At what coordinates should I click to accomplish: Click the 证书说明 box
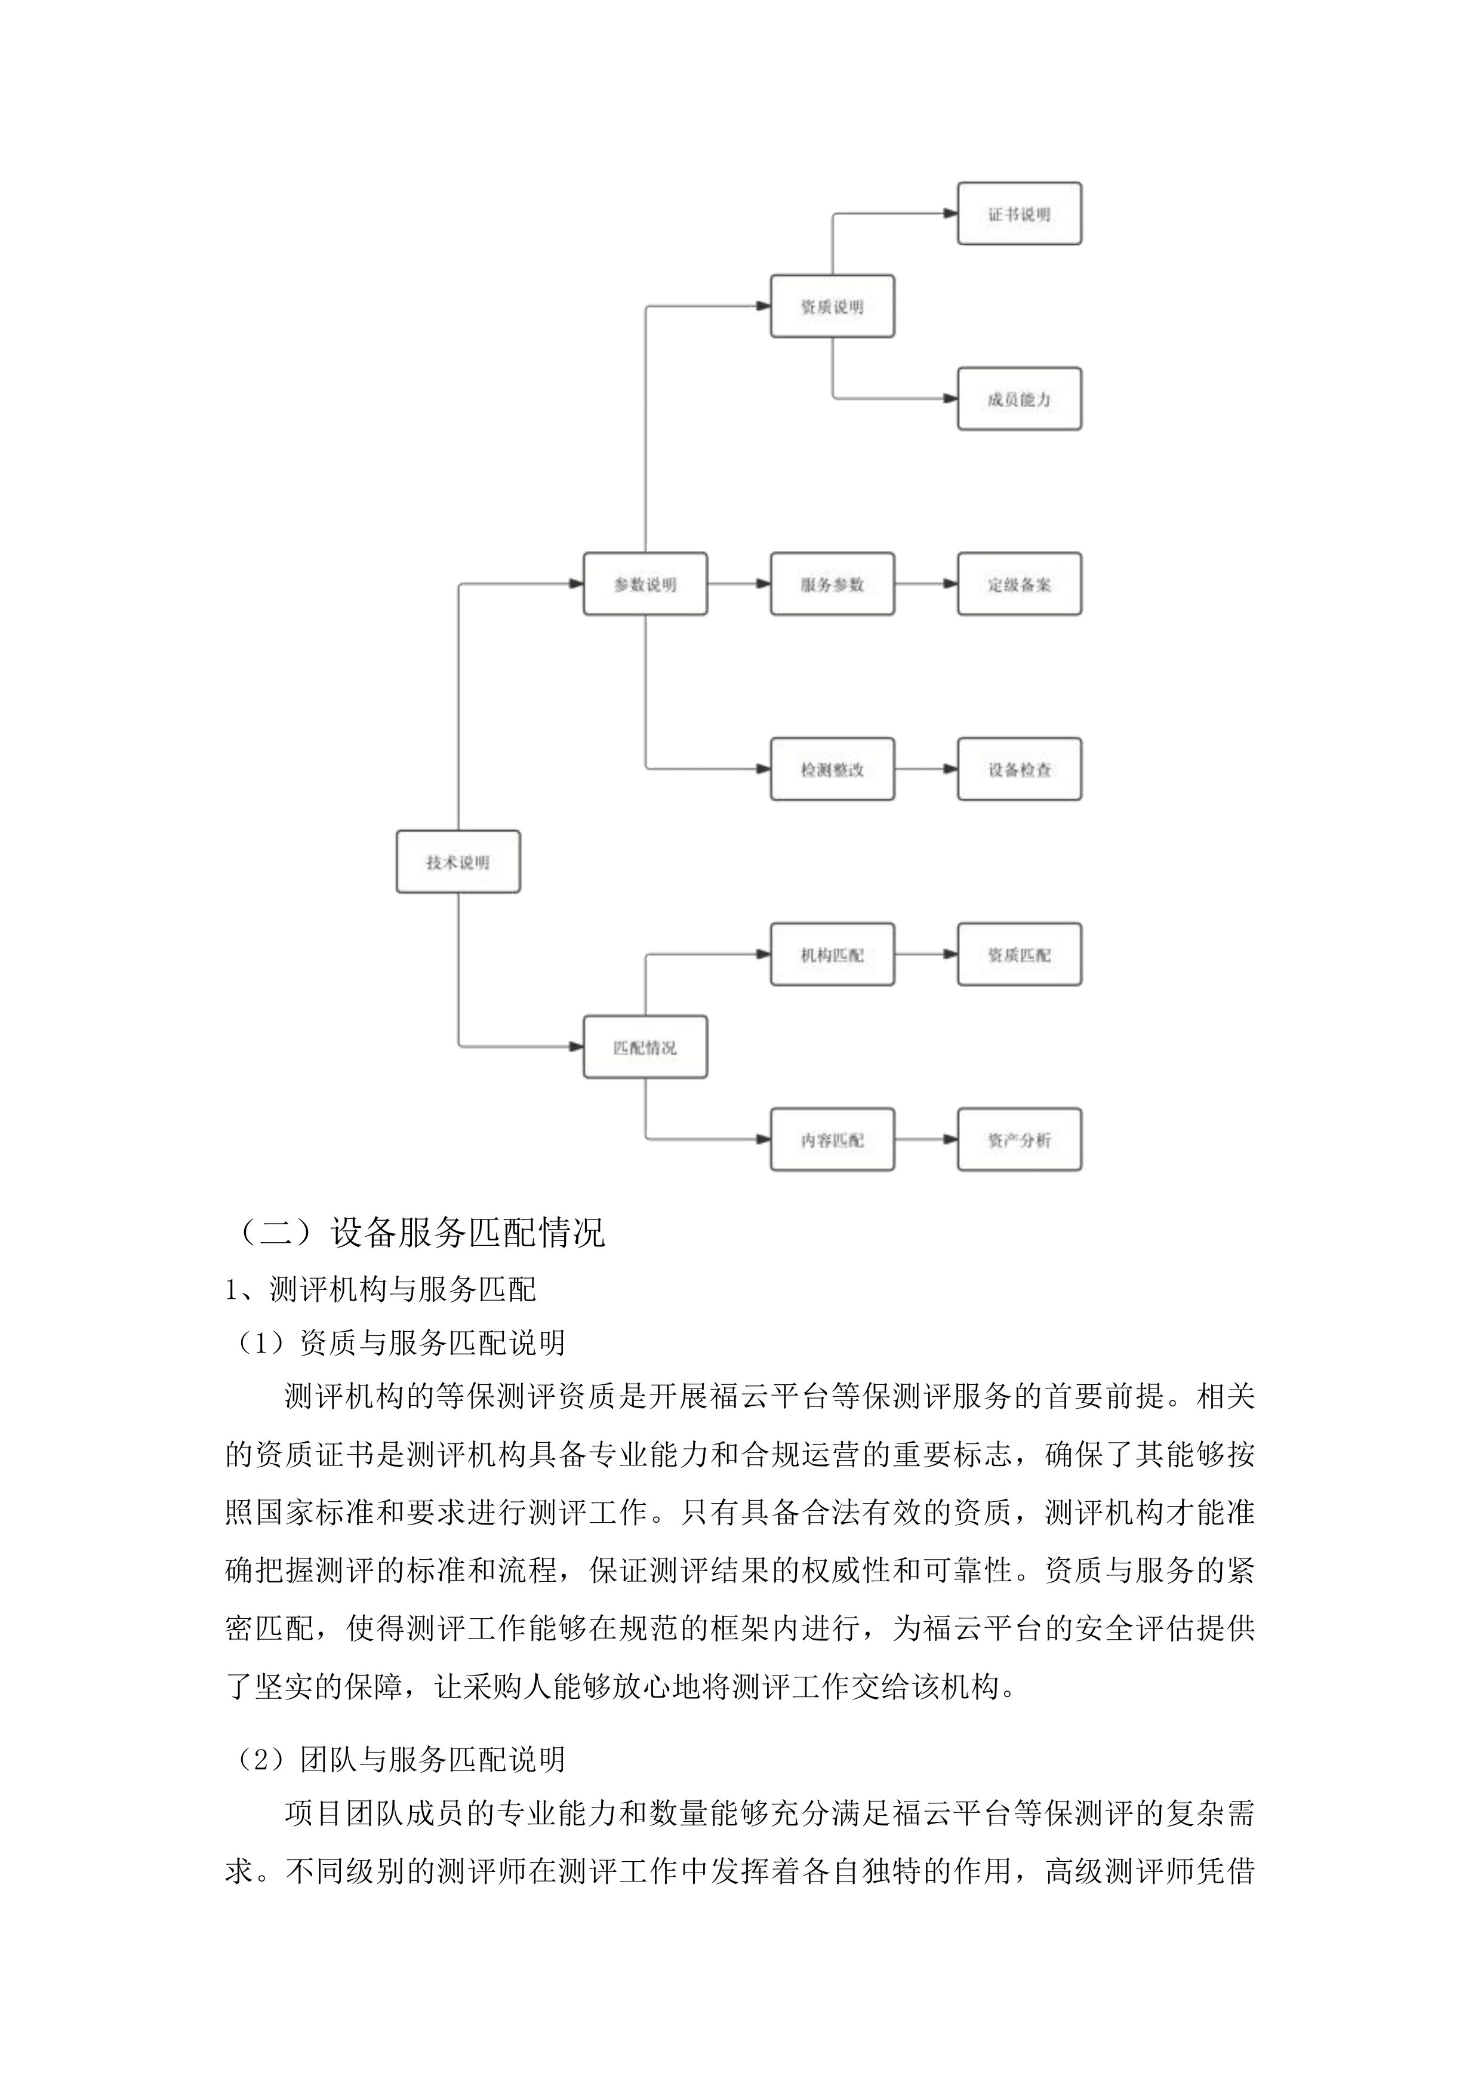1018,214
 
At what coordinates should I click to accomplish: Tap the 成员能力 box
1018,399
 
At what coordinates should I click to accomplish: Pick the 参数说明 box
645,584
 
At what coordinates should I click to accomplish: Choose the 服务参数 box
832,584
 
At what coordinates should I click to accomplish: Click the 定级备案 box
1018,584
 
